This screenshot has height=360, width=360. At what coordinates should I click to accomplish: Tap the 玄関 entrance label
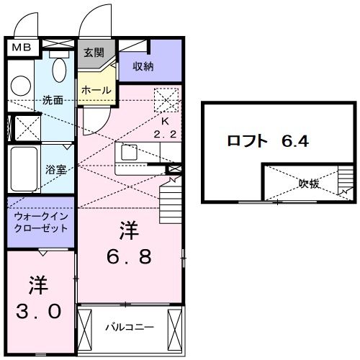pyautogui.click(x=94, y=52)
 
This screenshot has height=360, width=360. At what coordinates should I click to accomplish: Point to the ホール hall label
pyautogui.click(x=96, y=91)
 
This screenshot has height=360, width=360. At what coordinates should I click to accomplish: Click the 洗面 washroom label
pyautogui.click(x=53, y=99)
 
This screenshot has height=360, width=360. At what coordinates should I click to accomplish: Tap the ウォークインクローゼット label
pyautogui.click(x=40, y=222)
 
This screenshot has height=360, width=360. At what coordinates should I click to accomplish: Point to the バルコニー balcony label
pyautogui.click(x=130, y=327)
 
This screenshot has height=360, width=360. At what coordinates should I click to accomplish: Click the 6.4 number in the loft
pyautogui.click(x=295, y=140)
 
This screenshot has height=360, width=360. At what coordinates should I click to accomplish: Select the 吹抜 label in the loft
pyautogui.click(x=309, y=183)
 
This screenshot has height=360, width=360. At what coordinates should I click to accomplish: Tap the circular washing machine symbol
pyautogui.click(x=20, y=85)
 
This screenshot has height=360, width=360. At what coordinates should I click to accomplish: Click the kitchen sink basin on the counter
pyautogui.click(x=131, y=153)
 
